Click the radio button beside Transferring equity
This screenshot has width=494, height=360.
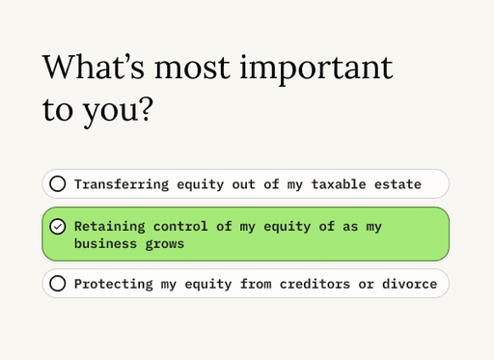[x=58, y=184]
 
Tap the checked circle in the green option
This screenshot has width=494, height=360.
[x=58, y=227]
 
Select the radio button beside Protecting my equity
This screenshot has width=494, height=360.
[x=58, y=284]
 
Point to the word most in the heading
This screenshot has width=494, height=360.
[x=192, y=69]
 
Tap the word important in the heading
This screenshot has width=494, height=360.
[x=316, y=70]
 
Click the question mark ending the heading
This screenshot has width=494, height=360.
[x=147, y=109]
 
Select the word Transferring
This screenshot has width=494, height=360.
[x=122, y=184]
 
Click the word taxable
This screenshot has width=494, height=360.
[x=339, y=184]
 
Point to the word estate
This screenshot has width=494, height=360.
[x=398, y=184]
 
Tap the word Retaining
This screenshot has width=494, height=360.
[x=110, y=227]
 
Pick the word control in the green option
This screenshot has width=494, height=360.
[x=180, y=227]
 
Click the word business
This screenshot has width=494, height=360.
[x=106, y=243]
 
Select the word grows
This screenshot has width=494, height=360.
[x=165, y=245]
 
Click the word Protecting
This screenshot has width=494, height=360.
[x=114, y=284]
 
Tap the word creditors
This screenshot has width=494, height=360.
[x=315, y=284]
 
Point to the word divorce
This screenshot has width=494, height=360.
[x=410, y=284]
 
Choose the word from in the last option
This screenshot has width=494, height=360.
[x=256, y=284]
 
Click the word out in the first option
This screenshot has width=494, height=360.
[x=244, y=184]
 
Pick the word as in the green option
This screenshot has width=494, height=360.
[x=350, y=227]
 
